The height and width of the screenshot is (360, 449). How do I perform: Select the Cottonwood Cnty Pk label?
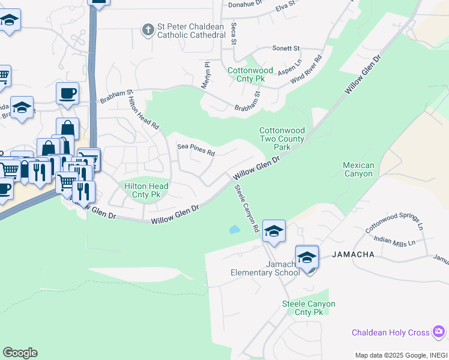(250, 74)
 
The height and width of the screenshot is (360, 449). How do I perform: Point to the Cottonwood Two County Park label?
(282, 139)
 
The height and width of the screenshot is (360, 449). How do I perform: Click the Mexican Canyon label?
(358, 169)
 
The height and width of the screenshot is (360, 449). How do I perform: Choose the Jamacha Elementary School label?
(265, 268)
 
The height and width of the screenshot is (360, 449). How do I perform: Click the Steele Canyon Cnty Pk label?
(309, 308)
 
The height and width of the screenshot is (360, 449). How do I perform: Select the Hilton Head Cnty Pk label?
(146, 191)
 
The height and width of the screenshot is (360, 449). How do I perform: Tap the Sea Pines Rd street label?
(196, 150)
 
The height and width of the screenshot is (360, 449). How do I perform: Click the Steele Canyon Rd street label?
(246, 208)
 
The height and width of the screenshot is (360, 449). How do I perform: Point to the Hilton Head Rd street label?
(144, 114)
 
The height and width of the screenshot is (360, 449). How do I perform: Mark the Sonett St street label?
(286, 48)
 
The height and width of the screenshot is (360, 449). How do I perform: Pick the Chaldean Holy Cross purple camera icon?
(439, 331)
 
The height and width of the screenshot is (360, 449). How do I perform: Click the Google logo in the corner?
(20, 353)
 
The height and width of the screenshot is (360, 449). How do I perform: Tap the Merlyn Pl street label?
(207, 75)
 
